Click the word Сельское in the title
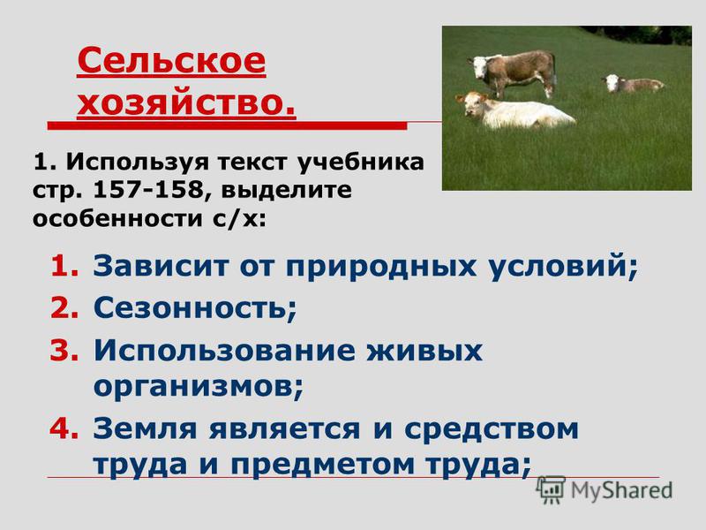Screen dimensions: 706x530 pyautogui.click(x=171, y=61)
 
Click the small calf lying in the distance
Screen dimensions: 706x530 pyautogui.click(x=634, y=83)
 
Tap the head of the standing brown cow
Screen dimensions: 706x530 pyautogui.click(x=478, y=67)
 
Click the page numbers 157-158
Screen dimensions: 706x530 pyautogui.click(x=149, y=190)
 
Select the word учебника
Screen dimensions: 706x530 pyautogui.click(x=360, y=163)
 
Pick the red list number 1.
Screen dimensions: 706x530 pyautogui.click(x=64, y=266)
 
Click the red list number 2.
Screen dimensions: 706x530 pyautogui.click(x=64, y=307)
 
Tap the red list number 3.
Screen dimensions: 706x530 pyautogui.click(x=64, y=351)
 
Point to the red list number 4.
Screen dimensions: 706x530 pyautogui.click(x=64, y=428)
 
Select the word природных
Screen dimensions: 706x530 pyautogui.click(x=381, y=267)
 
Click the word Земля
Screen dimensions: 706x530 pyautogui.click(x=145, y=428)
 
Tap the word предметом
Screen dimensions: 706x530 pyautogui.click(x=322, y=465)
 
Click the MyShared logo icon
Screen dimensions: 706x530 pyautogui.click(x=551, y=490)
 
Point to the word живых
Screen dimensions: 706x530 pyautogui.click(x=424, y=351)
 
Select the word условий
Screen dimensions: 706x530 pyautogui.click(x=559, y=266)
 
